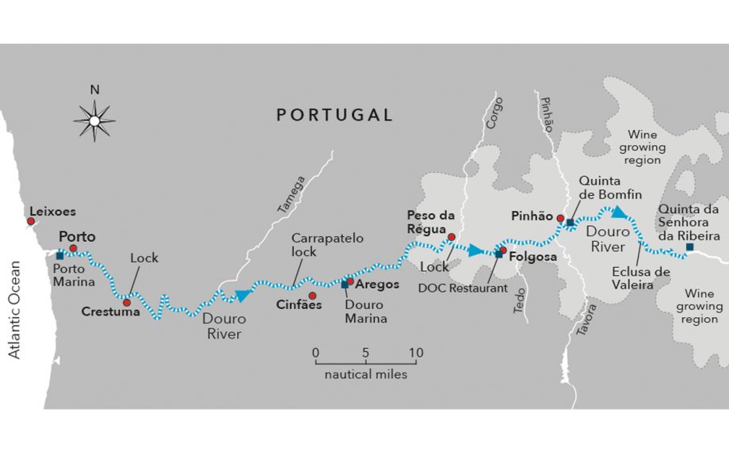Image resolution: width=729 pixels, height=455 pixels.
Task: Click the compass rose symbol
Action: coord(94,120)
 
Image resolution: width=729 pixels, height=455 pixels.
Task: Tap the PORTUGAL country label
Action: coord(334,115)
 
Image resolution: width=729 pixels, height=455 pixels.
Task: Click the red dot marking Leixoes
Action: coord(31,223)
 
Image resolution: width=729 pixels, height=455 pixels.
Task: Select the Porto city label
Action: coord(77,237)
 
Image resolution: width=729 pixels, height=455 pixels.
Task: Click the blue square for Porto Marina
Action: coord(60,254)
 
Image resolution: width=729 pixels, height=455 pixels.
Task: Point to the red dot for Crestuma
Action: coord(127,302)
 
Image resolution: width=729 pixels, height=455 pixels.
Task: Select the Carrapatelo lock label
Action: coord(315,244)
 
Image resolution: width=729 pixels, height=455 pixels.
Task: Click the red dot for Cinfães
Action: coord(312,295)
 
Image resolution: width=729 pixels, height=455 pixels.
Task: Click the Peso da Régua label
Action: coord(429,221)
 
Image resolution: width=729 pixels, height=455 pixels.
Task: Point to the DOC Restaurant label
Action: coord(463,289)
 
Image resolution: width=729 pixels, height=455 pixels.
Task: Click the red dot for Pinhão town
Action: coord(560,218)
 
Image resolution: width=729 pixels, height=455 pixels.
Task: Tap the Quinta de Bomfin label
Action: coord(609,188)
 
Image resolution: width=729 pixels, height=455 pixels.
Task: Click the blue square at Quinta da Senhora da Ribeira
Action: coord(689,247)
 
